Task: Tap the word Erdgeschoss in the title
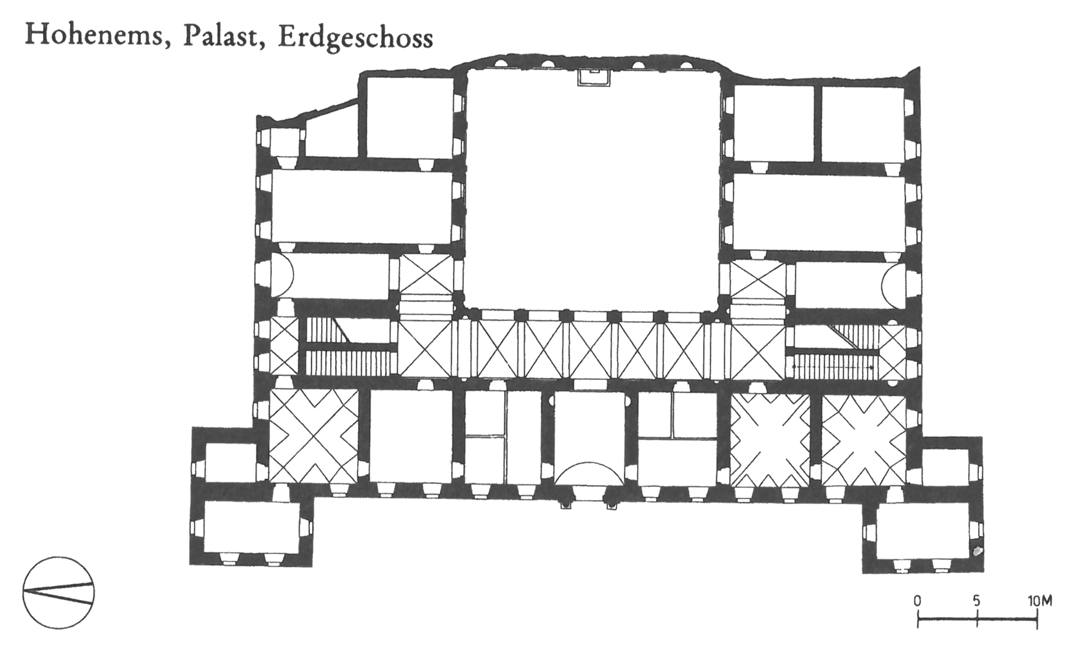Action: tap(355, 38)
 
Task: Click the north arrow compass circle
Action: tap(58, 593)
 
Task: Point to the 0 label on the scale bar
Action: tap(917, 601)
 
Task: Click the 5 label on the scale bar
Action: tap(977, 601)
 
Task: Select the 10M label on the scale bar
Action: tap(1040, 601)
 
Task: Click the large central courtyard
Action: tap(593, 188)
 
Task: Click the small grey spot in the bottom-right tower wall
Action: tap(977, 551)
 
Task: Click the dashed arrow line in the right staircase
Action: tap(833, 367)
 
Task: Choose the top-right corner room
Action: tap(862, 122)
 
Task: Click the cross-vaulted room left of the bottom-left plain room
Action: tap(313, 436)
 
